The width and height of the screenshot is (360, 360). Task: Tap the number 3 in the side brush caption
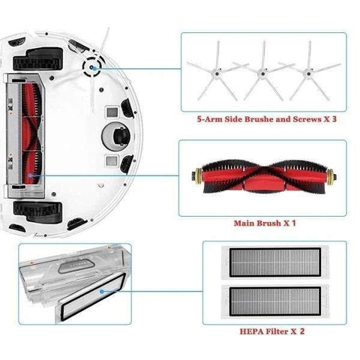pos(334,119)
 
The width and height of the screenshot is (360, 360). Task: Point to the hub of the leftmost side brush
pos(217,73)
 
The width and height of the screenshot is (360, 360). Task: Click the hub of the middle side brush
pos(262,73)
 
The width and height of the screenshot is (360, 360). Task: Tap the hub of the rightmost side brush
pos(308,73)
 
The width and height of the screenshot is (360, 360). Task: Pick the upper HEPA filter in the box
pos(275,262)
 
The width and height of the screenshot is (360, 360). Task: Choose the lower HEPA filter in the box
pos(275,301)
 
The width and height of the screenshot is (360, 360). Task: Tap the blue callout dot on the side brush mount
pos(91,67)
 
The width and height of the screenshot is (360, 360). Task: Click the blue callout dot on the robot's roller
pos(30,175)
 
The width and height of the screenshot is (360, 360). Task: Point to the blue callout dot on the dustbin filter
pos(101,292)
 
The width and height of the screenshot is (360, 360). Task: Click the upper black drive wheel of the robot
pos(38,60)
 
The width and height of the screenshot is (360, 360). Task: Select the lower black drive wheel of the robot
pos(37,211)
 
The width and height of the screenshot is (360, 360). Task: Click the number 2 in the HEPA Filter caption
pos(302,331)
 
